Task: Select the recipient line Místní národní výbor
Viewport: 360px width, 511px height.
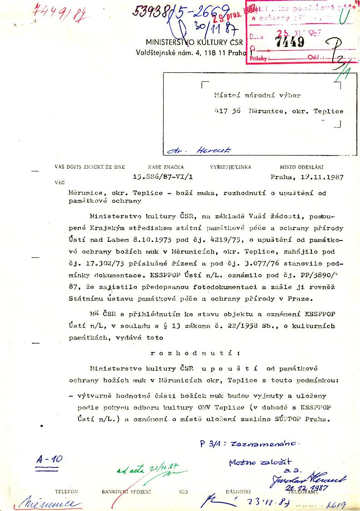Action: click(x=257, y=95)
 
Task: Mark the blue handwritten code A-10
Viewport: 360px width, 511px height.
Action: click(x=49, y=459)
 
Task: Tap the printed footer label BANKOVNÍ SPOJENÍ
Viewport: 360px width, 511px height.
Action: click(x=126, y=492)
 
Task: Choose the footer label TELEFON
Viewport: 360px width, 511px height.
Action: click(x=66, y=492)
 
